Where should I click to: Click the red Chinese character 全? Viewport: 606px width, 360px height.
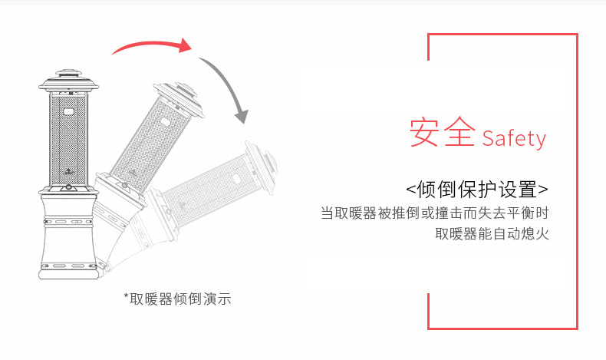click(460, 132)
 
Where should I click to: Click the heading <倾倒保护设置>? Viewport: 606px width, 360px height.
click(477, 189)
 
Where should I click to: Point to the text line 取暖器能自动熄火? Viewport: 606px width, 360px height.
click(492, 233)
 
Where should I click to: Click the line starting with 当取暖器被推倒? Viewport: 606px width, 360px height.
click(435, 213)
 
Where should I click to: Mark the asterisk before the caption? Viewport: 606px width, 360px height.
click(126, 296)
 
